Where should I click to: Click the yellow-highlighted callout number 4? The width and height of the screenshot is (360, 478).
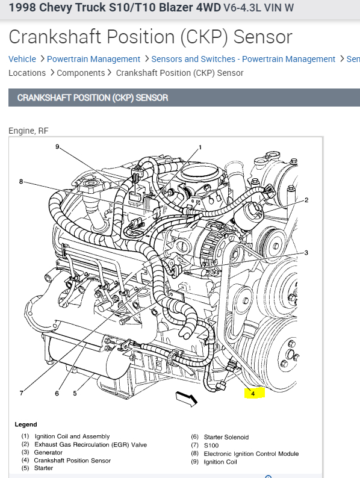(253, 394)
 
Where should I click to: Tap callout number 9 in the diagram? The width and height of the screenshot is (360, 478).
(57, 147)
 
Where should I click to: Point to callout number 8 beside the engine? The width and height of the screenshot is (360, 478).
(21, 182)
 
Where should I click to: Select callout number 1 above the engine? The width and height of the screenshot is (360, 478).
(200, 147)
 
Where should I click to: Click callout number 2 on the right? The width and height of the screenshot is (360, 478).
(306, 200)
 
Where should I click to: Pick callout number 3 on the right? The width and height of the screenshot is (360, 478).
(306, 253)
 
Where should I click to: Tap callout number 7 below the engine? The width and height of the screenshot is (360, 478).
(21, 393)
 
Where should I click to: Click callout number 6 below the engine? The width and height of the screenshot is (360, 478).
(57, 394)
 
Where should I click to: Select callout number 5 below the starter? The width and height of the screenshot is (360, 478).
(75, 393)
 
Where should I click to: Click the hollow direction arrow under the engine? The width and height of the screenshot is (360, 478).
(186, 399)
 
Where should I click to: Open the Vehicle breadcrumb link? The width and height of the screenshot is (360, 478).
(22, 59)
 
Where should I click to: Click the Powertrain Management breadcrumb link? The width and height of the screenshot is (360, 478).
(93, 59)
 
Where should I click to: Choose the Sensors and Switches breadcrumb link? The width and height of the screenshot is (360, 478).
(243, 59)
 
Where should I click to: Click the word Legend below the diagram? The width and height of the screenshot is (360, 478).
(26, 424)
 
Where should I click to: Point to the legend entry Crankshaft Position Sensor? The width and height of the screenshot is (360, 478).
(72, 461)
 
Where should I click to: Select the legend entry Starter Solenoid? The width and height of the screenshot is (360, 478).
(226, 437)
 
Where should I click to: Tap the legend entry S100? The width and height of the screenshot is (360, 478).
(211, 445)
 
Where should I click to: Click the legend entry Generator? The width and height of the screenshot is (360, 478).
(48, 452)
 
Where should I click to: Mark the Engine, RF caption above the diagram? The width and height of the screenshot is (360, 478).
(28, 131)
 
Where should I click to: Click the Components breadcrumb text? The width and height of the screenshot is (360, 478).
(81, 73)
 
